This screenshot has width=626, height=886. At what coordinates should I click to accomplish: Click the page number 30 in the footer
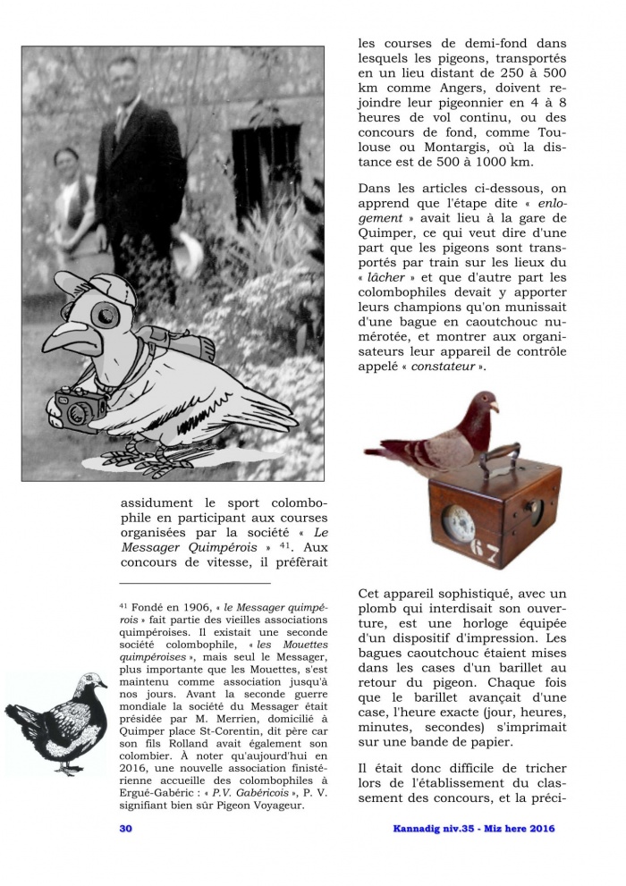[x=126, y=828]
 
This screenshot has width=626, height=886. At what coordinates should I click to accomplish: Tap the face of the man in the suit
[x=123, y=77]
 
